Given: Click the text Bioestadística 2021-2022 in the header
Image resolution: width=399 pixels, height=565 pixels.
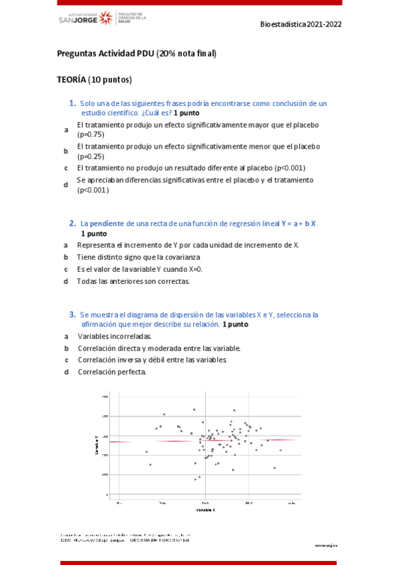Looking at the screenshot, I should click(301, 23).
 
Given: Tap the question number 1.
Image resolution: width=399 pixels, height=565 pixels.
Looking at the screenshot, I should click(72, 103).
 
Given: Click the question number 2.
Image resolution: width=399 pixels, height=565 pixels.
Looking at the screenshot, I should click(72, 223).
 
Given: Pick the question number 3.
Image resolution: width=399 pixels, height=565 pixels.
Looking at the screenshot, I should click(72, 314).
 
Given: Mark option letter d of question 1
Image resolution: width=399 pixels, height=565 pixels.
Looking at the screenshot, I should click(66, 185).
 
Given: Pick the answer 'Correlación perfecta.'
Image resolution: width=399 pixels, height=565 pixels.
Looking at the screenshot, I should click(111, 372).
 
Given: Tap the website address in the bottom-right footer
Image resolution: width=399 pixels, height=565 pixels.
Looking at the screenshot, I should click(326, 544).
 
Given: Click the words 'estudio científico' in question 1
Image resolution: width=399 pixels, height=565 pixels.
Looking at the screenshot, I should click(108, 113).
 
